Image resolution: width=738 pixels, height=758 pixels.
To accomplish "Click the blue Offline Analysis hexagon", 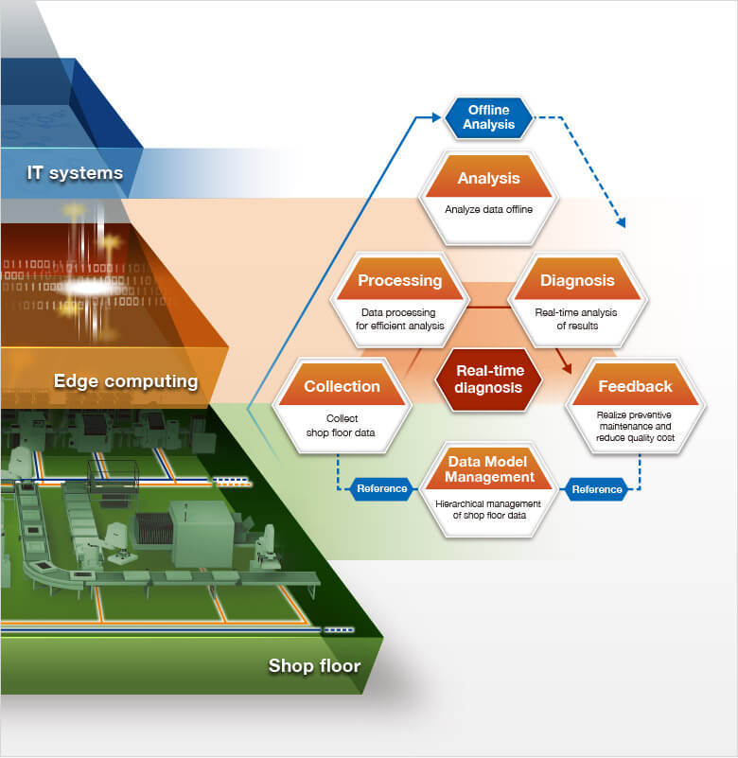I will [x=488, y=117].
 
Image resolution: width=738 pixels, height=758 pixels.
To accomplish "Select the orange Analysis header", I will [x=488, y=178].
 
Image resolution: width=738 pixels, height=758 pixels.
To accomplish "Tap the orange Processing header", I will [x=399, y=280].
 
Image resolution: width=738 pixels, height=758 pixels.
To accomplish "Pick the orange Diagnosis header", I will [x=577, y=280].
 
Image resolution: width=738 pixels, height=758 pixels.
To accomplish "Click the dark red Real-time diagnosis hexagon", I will [x=489, y=379].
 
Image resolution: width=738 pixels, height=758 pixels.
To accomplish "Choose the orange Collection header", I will [x=342, y=386].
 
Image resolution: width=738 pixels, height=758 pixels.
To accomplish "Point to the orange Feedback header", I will [x=635, y=386].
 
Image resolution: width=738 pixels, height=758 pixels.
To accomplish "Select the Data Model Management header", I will [x=489, y=467].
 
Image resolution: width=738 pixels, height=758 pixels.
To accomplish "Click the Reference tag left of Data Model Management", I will [x=382, y=489].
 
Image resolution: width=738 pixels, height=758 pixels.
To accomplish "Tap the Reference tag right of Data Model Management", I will [x=597, y=489].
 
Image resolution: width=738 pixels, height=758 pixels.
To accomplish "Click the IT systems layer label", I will [x=75, y=173].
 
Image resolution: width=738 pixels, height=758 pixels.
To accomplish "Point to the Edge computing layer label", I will [x=126, y=381].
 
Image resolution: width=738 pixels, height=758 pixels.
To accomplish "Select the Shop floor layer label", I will [x=314, y=666].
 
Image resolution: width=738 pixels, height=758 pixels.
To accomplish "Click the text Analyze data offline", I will [x=488, y=210].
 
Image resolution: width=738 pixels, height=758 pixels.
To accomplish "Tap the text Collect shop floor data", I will [x=342, y=425].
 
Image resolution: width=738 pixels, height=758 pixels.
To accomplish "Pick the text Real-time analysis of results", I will [x=577, y=319].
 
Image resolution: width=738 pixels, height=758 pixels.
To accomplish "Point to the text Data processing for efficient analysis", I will [x=399, y=319].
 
